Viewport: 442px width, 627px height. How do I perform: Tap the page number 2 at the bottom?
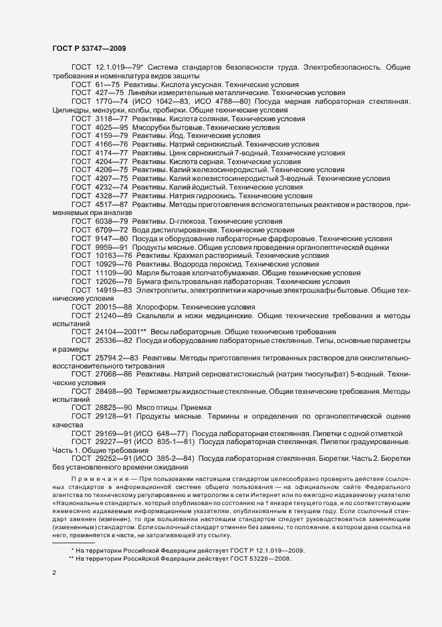pos(53,573)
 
